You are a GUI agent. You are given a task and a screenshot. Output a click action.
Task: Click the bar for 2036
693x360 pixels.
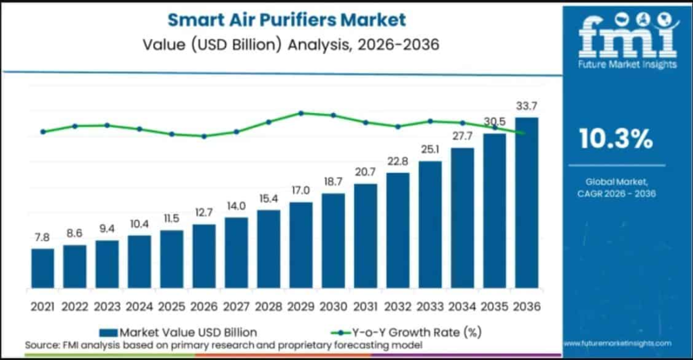[x=527, y=203]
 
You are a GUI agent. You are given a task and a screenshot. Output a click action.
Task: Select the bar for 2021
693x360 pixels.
[x=42, y=268]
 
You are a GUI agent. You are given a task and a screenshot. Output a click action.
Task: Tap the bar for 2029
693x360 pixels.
[x=300, y=245]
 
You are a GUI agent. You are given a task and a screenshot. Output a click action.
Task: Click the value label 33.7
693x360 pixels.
[x=527, y=106]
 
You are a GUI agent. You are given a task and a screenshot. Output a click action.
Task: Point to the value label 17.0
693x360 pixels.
[x=300, y=190]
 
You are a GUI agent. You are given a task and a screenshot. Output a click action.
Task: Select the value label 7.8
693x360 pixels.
[x=42, y=237]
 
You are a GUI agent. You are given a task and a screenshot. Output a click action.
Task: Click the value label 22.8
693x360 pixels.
[x=398, y=161]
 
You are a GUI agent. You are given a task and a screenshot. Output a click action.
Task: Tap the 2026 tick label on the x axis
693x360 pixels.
[x=204, y=307]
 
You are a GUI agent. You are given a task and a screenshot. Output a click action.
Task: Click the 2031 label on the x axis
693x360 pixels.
[x=365, y=307]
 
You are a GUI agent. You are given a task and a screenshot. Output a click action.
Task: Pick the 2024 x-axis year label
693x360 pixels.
[x=139, y=307]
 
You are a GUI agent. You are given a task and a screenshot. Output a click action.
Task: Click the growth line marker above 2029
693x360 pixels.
[x=301, y=113]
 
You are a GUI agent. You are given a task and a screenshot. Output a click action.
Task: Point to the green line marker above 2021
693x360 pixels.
[x=43, y=131]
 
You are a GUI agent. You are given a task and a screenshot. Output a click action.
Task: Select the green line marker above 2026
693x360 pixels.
[x=204, y=136]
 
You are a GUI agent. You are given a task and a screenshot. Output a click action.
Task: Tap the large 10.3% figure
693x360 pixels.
[x=616, y=139]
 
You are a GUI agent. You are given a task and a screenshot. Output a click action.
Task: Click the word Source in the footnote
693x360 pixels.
[x=39, y=345]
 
